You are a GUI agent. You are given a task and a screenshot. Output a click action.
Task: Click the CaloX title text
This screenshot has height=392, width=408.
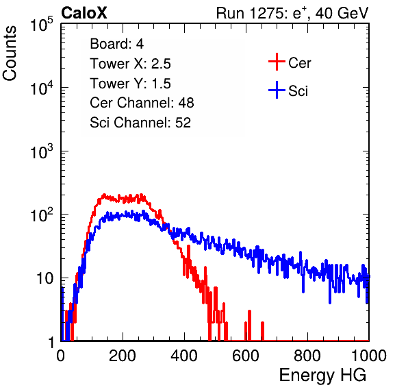tap(84, 13)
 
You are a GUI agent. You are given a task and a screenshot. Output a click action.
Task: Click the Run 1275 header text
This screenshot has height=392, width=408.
tap(292, 13)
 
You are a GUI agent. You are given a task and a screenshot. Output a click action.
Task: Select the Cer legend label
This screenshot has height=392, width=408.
tap(299, 63)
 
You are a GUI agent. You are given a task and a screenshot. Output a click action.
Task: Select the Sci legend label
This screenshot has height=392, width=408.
tap(298, 91)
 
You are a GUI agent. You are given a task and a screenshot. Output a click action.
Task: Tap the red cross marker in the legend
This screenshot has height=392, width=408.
tap(277, 62)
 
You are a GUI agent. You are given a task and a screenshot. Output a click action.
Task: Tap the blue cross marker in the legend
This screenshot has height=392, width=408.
tap(277, 90)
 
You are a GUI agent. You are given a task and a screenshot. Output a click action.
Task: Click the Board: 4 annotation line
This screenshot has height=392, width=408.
tap(117, 44)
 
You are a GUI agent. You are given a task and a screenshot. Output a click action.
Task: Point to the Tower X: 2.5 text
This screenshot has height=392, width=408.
tap(130, 64)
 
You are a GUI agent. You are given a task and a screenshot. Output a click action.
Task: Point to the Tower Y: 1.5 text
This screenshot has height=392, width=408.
tap(130, 84)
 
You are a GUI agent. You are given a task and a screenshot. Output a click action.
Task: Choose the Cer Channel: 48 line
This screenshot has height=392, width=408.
tap(142, 103)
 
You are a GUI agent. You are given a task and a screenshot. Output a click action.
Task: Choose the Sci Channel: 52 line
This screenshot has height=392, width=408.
tap(140, 123)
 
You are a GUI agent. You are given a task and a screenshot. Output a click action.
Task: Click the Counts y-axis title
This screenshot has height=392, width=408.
tap(10, 53)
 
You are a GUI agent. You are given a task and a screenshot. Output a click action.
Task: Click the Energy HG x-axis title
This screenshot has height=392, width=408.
tap(322, 376)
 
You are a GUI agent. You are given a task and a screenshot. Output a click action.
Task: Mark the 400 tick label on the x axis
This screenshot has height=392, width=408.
tap(184, 356)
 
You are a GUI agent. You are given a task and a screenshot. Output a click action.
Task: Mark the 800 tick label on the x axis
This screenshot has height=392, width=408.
tap(307, 356)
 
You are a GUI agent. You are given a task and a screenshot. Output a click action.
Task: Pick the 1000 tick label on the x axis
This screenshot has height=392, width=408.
tap(369, 356)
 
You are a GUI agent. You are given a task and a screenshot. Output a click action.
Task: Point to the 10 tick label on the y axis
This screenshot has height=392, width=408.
tap(44, 278)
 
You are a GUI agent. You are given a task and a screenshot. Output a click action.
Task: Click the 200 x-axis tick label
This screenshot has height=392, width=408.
tap(123, 356)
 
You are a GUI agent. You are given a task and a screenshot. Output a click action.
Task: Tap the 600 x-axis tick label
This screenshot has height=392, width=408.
tap(246, 356)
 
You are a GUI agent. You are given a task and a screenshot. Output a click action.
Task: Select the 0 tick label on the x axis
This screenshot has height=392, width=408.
tap(61, 356)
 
